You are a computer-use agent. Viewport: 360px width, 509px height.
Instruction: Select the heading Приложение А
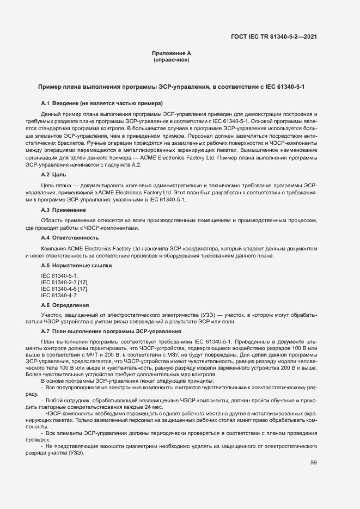171,53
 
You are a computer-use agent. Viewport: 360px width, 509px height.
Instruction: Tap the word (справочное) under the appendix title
171,60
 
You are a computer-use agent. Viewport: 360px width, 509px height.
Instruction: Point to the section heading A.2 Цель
54,175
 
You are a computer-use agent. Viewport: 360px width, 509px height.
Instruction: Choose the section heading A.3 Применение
63,210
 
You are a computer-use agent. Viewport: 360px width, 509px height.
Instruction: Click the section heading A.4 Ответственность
70,238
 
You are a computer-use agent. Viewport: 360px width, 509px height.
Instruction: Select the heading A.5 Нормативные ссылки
76,266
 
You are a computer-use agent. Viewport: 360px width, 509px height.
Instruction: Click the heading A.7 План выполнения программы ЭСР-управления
112,332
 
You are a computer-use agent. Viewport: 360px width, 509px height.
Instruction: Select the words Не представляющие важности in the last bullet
82,445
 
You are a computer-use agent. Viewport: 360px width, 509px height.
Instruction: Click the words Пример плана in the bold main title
55,87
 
